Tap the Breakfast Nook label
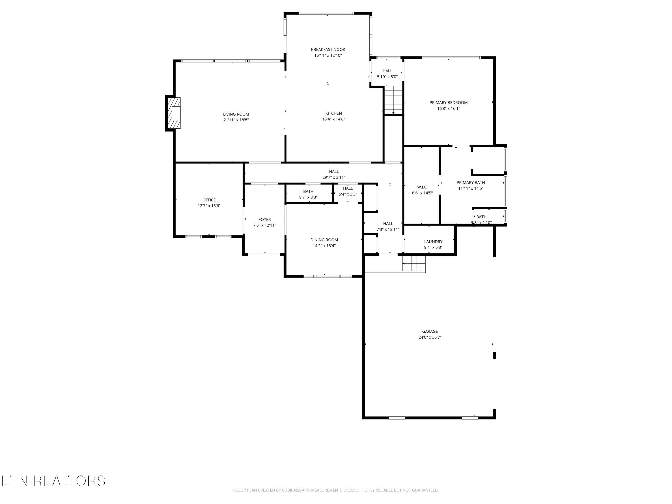coord(328,50)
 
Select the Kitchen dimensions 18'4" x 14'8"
coord(333,119)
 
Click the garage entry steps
coord(414,263)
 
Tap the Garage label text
coord(430,332)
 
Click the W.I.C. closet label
coord(422,187)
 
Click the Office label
coord(209,200)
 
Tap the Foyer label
coord(264,219)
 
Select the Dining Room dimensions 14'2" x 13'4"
coord(324,246)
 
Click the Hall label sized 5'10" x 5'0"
coord(387,71)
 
